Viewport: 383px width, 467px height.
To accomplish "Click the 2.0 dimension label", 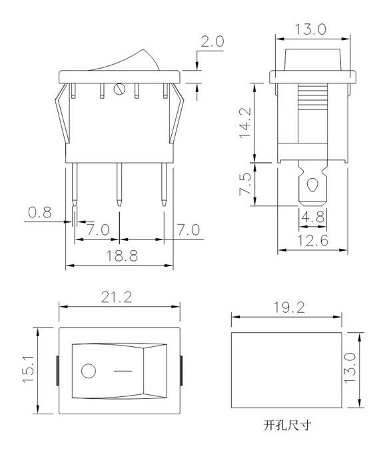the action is click(212, 41).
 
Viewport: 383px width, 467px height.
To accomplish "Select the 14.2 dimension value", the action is click(246, 123).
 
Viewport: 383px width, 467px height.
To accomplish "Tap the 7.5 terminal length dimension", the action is click(246, 184).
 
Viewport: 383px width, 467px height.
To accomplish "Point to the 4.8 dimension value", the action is click(312, 217).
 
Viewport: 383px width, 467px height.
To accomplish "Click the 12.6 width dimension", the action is click(313, 241).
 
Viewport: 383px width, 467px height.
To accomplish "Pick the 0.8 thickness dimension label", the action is click(40, 212).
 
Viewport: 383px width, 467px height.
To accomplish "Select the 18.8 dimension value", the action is click(122, 256).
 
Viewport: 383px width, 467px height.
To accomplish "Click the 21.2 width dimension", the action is click(117, 298).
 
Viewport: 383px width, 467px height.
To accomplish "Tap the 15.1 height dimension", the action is click(29, 370).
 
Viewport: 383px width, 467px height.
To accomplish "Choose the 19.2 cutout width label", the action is click(289, 308).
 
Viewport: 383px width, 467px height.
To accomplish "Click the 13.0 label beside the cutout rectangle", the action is click(350, 368).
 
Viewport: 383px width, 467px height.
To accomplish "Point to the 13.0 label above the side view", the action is click(310, 29).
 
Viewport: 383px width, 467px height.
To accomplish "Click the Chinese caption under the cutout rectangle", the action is click(287, 425).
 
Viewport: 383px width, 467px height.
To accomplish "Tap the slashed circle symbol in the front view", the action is click(119, 89).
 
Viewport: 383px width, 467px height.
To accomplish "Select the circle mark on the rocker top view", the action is click(89, 371).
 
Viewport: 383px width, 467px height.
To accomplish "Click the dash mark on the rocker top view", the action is click(123, 371).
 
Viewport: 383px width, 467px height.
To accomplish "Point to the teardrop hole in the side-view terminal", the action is click(312, 185).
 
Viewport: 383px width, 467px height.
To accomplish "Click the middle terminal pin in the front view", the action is click(119, 184).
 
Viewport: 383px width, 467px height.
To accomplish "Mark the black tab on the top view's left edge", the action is click(57, 370).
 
